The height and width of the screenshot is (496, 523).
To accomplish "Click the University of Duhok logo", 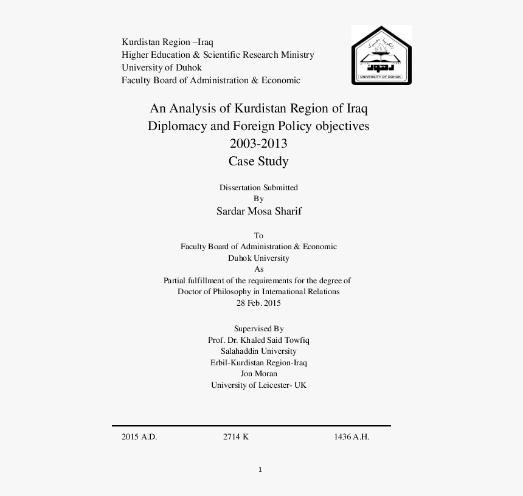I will click(x=381, y=55).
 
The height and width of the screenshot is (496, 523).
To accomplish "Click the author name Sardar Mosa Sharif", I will click(x=258, y=212).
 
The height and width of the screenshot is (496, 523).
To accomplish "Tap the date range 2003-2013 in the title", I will click(x=258, y=144).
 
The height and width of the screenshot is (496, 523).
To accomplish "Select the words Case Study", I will click(x=258, y=161).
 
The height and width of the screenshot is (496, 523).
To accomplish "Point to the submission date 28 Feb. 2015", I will click(x=258, y=303).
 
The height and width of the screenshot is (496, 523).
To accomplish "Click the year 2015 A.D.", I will click(x=139, y=436).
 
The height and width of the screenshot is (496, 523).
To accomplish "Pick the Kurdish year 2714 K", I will click(x=236, y=436).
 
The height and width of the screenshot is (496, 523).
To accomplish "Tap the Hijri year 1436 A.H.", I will click(x=352, y=436).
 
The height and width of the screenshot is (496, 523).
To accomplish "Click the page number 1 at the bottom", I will click(x=260, y=469).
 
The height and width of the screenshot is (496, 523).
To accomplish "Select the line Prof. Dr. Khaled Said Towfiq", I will click(x=258, y=340).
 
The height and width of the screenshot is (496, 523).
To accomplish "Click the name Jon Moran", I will click(x=258, y=373).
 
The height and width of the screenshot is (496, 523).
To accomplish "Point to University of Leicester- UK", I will click(x=258, y=385).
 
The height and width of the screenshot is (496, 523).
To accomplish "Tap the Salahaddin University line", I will click(x=258, y=351).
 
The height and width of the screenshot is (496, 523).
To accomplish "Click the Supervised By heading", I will click(x=258, y=328).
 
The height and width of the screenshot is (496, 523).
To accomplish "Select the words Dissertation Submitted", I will click(x=258, y=187).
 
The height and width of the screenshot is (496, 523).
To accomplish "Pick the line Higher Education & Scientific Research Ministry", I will click(x=218, y=55).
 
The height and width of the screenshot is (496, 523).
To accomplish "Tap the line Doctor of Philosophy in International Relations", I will click(x=258, y=291).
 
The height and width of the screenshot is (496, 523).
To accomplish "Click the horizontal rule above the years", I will click(x=251, y=425).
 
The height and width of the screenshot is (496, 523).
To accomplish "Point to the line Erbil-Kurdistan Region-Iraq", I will click(x=258, y=362).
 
